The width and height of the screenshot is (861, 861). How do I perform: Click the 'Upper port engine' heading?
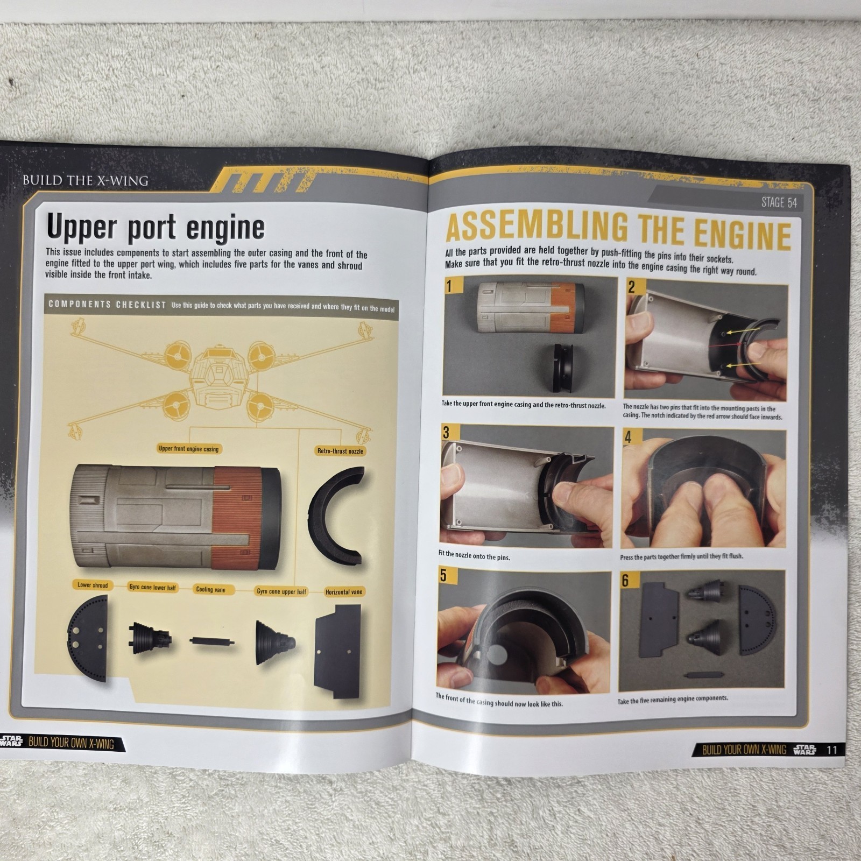[156, 227]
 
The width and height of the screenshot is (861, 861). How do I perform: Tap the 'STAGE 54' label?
[779, 202]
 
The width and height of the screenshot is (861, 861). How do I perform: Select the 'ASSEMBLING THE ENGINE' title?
[618, 230]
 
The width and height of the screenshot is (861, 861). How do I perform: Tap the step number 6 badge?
[625, 581]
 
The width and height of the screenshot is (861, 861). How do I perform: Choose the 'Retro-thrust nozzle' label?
[340, 451]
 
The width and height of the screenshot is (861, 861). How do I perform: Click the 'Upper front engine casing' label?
[188, 449]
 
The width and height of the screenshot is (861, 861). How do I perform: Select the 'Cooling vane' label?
[210, 589]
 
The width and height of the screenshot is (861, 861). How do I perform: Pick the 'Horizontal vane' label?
[344, 592]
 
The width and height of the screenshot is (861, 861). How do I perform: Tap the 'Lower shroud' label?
[93, 585]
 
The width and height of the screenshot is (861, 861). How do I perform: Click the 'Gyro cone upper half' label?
[281, 591]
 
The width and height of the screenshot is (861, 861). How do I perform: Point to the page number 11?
[831, 750]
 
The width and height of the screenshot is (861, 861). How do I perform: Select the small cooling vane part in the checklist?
[211, 641]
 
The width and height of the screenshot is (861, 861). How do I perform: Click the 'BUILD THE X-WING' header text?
[85, 180]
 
